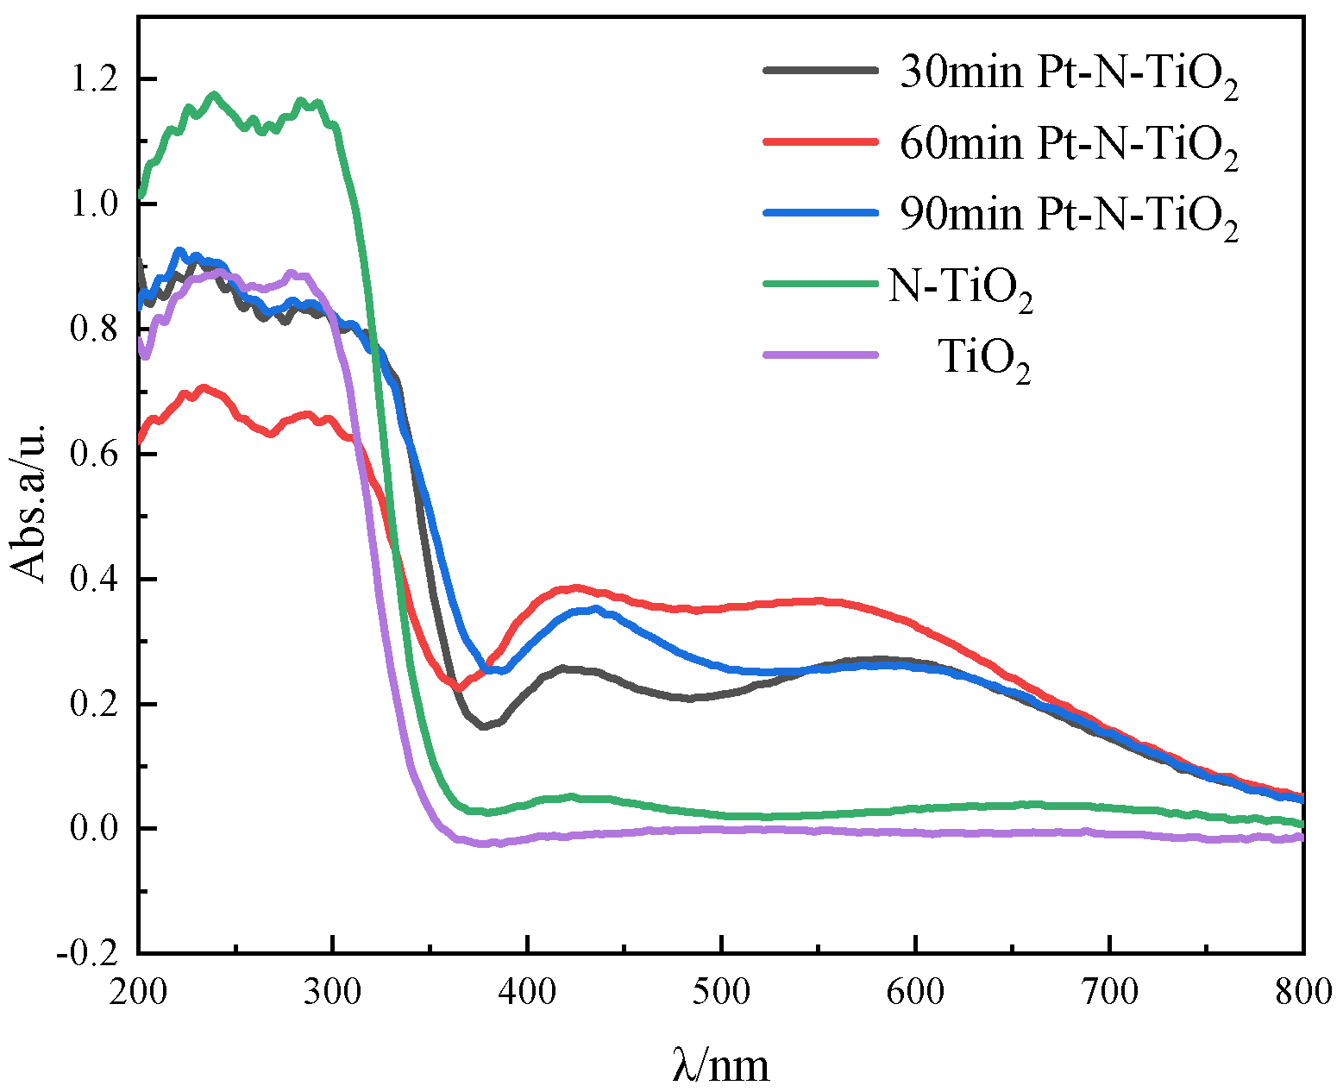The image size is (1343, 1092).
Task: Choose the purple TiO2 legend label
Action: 984,358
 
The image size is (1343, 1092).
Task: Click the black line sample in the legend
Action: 820,70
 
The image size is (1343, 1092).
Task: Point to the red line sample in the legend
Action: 820,141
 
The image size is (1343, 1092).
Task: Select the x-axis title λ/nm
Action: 720,1066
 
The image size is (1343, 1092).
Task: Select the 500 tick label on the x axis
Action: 721,992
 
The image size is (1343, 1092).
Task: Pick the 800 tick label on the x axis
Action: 1301,992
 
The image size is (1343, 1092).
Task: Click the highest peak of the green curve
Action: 214,94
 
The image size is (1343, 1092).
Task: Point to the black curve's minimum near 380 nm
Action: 485,726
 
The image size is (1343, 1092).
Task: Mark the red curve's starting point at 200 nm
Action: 140,441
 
